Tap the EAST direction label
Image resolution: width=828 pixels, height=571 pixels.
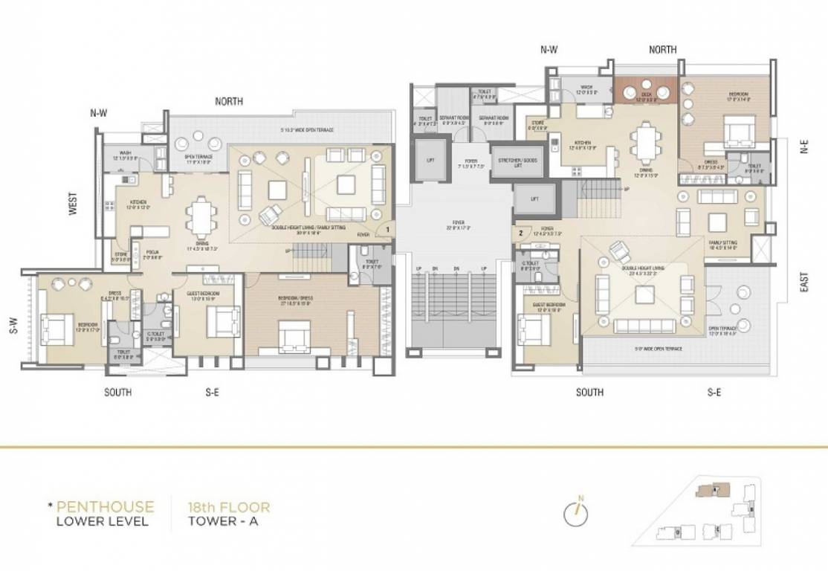(804, 281)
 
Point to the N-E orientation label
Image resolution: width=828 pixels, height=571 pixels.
(804, 149)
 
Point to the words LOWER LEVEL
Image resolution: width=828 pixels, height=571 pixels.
(103, 521)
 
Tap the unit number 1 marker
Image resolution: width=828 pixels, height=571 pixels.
(387, 230)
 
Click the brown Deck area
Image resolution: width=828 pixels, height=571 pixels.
(644, 90)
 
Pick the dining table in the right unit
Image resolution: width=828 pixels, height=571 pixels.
(644, 145)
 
